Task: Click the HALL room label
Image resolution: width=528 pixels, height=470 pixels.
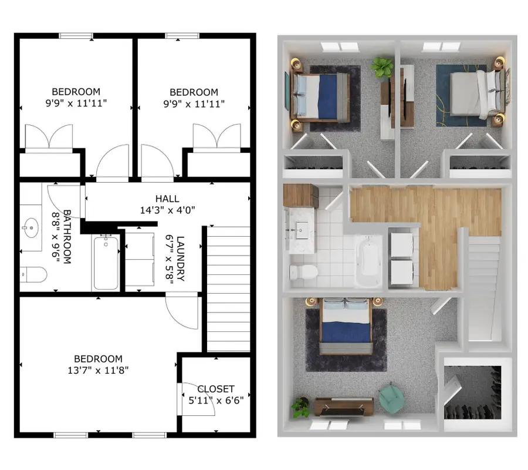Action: pos(167,199)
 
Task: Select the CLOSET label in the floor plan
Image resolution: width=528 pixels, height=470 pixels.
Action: pos(216,389)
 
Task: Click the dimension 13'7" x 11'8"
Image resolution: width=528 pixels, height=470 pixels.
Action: pos(98,370)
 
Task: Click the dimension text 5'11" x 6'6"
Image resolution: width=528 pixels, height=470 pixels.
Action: pos(216,400)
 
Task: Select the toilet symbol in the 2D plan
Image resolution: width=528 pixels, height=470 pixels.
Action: pos(33,274)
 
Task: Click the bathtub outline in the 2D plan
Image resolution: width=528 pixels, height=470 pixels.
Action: pos(106,263)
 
